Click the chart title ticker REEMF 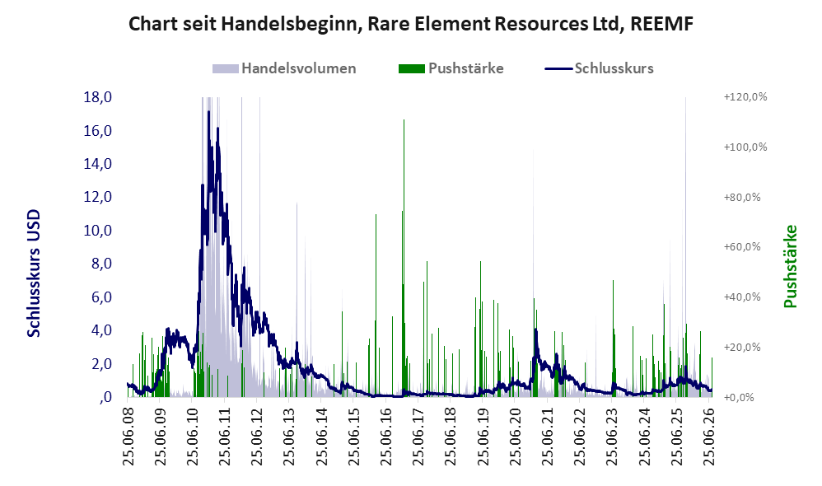point(661,24)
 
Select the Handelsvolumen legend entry point(284,68)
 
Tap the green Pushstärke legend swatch point(412,68)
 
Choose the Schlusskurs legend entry point(600,68)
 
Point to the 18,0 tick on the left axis point(98,97)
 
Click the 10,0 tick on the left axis point(98,230)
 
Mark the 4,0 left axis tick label point(101,330)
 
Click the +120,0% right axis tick point(745,97)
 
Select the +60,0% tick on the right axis point(742,247)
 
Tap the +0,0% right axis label point(739,397)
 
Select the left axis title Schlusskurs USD point(34,273)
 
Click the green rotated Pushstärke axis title point(790,266)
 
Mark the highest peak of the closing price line point(208,112)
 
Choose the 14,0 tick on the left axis point(98,164)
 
